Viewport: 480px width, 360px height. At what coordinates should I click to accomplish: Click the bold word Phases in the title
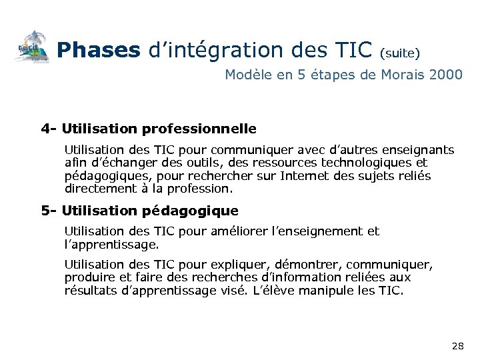98,50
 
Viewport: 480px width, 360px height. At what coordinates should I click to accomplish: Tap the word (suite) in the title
399,51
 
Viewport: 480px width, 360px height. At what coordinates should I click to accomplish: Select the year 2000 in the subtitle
445,75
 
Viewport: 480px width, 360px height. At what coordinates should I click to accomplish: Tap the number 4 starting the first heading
44,128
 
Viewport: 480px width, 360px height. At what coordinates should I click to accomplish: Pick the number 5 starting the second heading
44,211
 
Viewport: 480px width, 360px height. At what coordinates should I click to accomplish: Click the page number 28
458,345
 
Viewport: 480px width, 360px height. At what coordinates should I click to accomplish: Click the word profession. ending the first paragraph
203,189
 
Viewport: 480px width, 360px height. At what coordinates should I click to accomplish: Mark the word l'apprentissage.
112,244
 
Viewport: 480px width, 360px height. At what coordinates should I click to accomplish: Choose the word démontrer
309,264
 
